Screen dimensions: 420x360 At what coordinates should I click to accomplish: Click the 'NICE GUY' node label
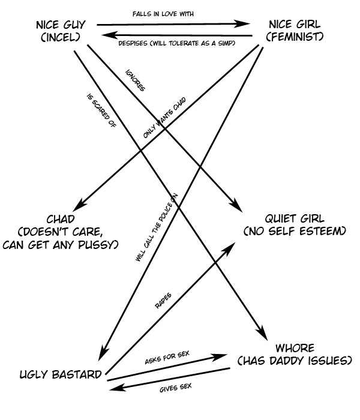coord(60,25)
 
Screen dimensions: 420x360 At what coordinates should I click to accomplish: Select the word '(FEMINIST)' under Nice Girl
coord(295,37)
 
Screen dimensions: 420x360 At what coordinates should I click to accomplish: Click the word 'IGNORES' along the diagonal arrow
coord(136,81)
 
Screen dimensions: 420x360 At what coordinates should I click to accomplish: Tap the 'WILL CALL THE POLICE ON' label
coord(155,227)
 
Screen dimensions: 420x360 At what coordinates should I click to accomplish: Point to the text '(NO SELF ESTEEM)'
coord(295,231)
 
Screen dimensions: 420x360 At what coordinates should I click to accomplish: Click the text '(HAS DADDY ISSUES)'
coord(293,361)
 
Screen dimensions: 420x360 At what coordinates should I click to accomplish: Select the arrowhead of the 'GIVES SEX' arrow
coord(113,390)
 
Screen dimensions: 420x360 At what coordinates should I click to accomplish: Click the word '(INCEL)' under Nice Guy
coord(60,37)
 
